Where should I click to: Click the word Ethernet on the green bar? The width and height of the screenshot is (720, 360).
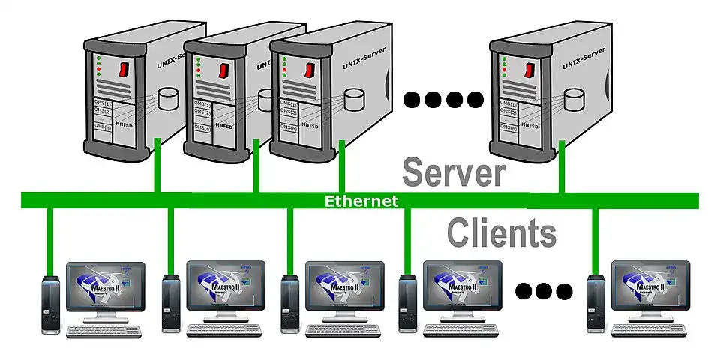click(361, 201)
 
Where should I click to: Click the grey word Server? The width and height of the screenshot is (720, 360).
click(453, 172)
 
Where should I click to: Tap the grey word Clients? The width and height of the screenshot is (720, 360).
click(502, 232)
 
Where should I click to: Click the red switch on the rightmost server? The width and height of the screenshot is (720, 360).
click(529, 70)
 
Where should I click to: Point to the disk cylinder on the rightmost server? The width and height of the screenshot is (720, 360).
click(574, 97)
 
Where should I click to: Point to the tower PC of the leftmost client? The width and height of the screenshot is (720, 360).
click(50, 304)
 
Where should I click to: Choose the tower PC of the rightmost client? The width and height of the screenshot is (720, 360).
click(595, 304)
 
